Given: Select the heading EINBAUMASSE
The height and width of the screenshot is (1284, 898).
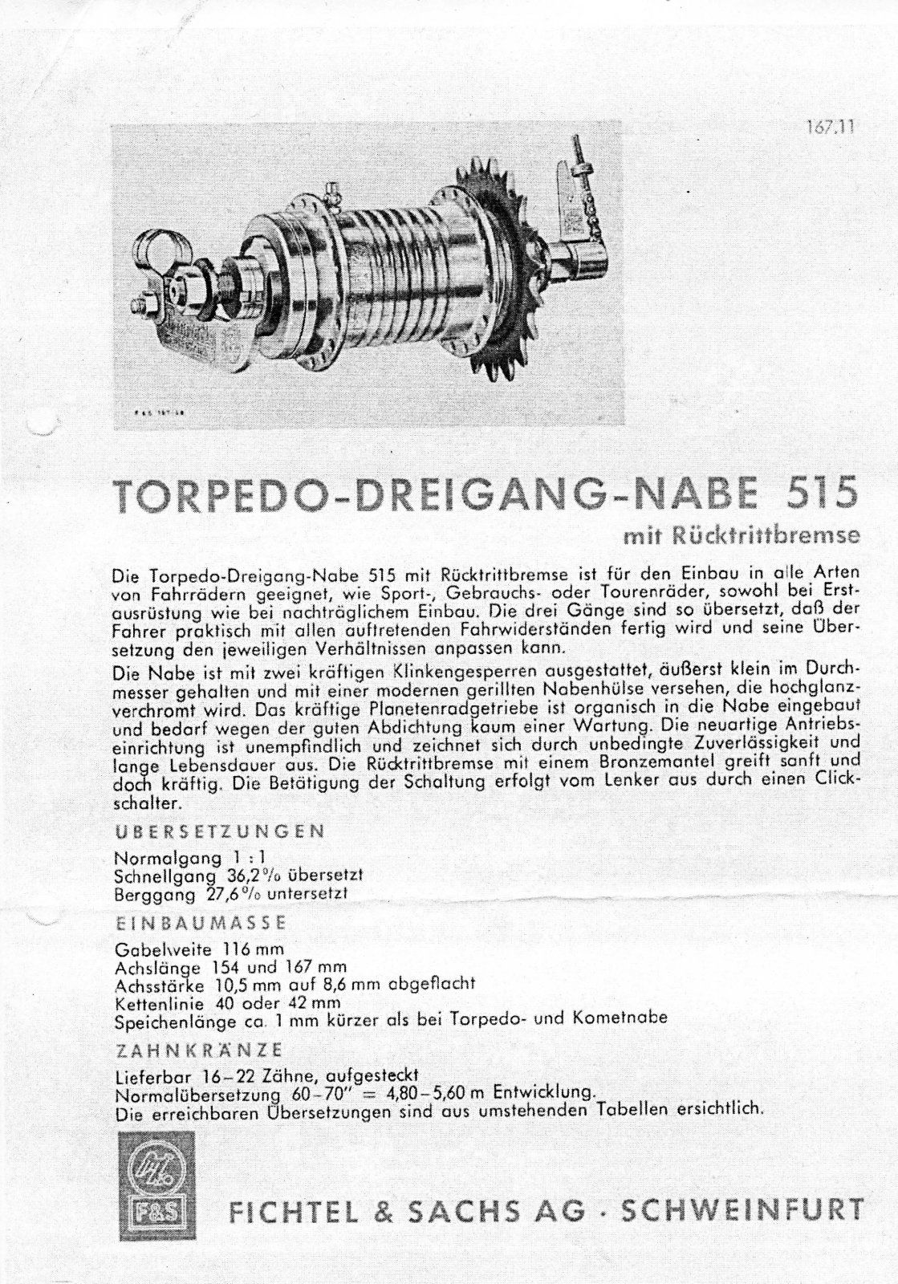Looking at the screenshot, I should pyautogui.click(x=201, y=922).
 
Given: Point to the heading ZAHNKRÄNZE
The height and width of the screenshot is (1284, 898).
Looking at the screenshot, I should pyautogui.click(x=198, y=1050).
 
